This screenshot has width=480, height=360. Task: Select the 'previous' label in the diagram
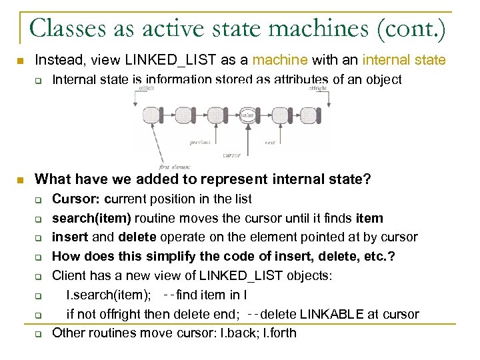coord(200,141)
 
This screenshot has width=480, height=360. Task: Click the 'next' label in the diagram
coord(270,141)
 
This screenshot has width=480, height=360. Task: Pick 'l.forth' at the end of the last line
coord(281,333)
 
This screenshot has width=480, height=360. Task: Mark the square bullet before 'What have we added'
coord(21,179)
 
